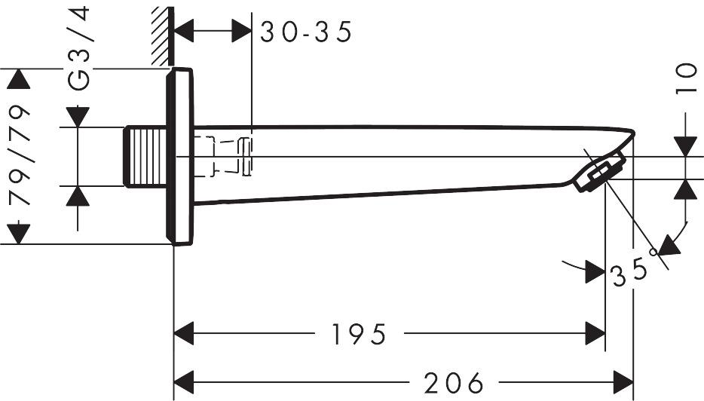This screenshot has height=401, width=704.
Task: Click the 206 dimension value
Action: (453, 382)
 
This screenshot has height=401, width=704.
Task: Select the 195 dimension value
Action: (359, 333)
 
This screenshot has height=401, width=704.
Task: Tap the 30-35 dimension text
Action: (306, 32)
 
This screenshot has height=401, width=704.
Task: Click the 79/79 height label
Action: (20, 157)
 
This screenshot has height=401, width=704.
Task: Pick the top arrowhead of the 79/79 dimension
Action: (19, 79)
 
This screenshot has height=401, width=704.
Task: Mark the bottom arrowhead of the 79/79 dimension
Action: (19, 234)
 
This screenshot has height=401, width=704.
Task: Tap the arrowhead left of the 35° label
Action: (595, 271)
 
